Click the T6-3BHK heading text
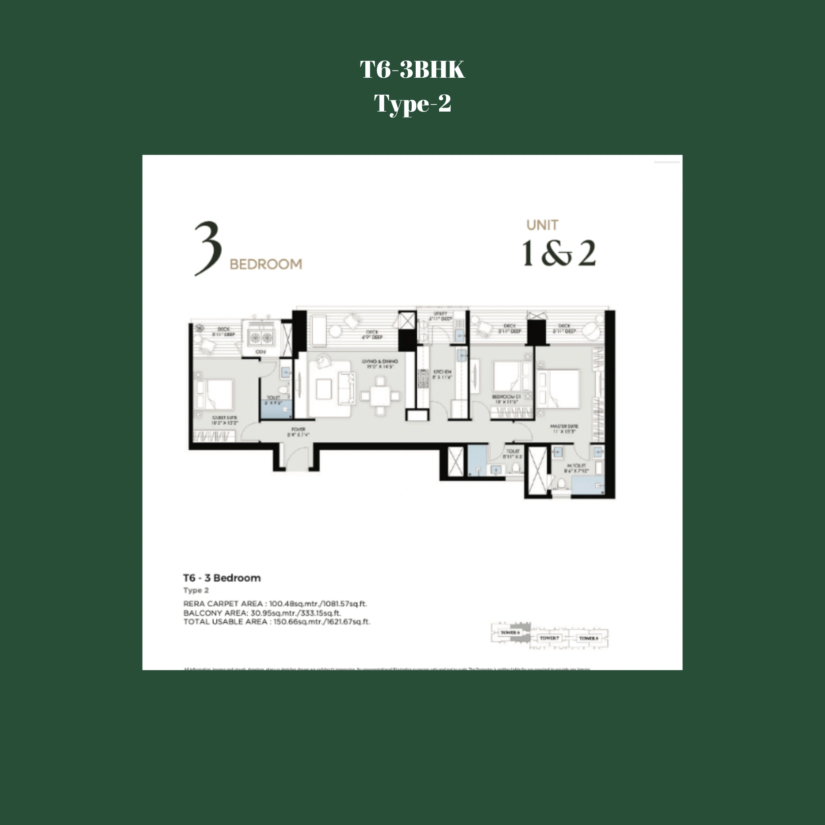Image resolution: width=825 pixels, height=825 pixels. point(412,70)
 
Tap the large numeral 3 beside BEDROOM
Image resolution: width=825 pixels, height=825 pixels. point(208,248)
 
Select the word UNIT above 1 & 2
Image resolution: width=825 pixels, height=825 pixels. point(542,225)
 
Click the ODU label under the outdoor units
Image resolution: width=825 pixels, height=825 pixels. point(261,352)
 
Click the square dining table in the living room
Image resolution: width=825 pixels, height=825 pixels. point(380,396)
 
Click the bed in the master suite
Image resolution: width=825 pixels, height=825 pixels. point(560,389)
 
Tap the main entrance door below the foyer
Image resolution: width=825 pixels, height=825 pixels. point(296,459)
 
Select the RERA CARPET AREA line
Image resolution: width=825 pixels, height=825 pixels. point(275,603)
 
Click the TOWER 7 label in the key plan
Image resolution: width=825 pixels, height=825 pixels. point(549,638)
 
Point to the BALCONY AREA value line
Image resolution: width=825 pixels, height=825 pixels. point(262,613)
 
